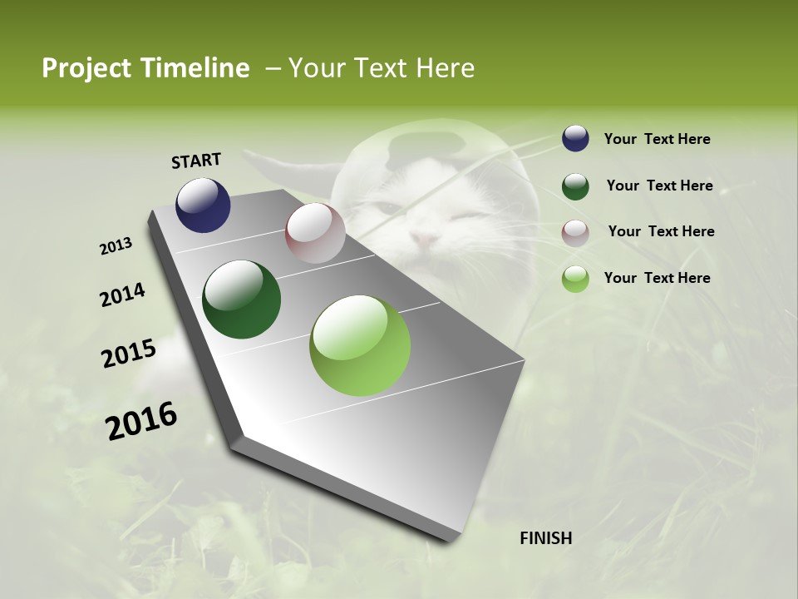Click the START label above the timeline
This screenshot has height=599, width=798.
(196, 161)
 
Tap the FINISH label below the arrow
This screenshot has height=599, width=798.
(546, 538)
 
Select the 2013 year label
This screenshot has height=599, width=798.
(116, 246)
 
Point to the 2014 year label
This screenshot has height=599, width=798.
(122, 295)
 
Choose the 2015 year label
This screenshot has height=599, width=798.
(129, 354)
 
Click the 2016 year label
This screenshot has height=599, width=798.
(141, 420)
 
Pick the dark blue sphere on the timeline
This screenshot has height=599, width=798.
(203, 205)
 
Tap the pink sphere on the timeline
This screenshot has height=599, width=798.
(315, 233)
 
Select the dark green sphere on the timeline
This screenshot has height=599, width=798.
(242, 299)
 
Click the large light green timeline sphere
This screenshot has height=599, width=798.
(360, 345)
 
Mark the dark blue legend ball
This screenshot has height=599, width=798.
(575, 139)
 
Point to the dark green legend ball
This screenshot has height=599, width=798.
(575, 186)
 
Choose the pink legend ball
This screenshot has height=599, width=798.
(575, 232)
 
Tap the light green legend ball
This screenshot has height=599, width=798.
(575, 279)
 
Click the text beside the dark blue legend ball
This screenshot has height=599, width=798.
(657, 139)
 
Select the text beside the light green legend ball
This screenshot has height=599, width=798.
(657, 278)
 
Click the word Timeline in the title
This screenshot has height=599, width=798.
(195, 68)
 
